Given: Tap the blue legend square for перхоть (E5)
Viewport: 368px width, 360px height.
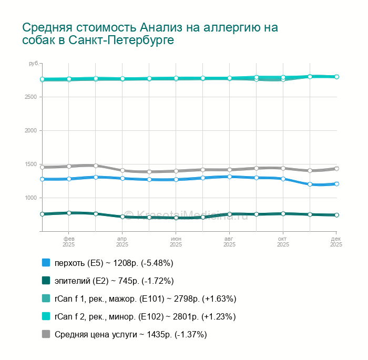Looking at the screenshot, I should [x=46, y=262].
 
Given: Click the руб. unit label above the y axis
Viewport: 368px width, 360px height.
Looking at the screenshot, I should [x=34, y=64].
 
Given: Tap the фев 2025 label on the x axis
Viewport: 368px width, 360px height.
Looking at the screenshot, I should [x=69, y=241].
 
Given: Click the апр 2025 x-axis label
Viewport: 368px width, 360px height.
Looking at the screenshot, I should [x=122, y=241].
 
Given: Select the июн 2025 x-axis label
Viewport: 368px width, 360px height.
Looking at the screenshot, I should [x=176, y=241].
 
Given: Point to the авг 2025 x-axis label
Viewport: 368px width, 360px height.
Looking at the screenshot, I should [x=230, y=241].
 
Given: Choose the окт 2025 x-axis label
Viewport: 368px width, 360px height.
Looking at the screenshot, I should [x=283, y=241].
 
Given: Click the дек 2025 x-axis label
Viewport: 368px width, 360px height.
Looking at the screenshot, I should [x=336, y=241].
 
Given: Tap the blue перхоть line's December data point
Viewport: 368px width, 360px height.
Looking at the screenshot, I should [x=336, y=184].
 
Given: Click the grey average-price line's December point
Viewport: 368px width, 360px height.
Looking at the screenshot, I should [x=336, y=169].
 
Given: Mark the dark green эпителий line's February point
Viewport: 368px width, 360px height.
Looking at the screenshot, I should [x=69, y=213].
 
